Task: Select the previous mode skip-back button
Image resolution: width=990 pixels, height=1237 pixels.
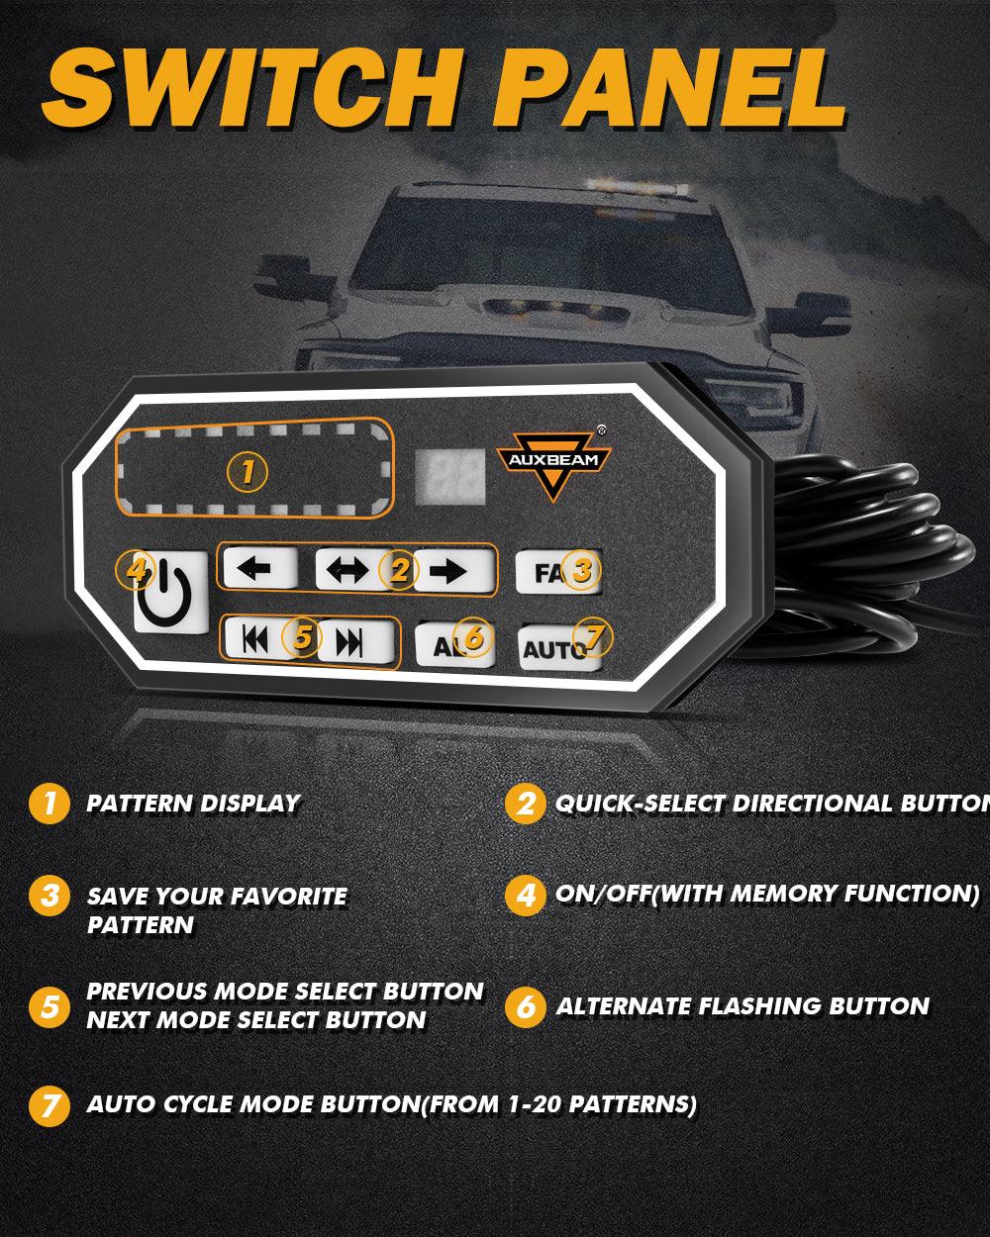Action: (255, 640)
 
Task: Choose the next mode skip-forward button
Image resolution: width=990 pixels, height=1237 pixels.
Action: (351, 641)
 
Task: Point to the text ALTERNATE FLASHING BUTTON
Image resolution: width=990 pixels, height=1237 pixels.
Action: (742, 1007)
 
